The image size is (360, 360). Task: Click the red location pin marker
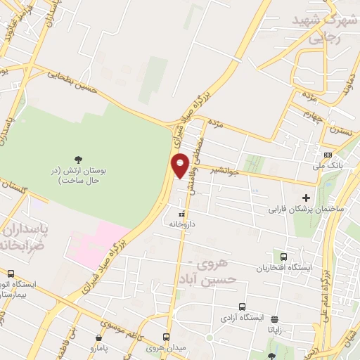pos(181,165)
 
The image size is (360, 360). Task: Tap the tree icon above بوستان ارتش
pos(78,160)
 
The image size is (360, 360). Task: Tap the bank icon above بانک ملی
pos(328,155)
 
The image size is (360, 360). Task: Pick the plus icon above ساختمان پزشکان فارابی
pos(306,198)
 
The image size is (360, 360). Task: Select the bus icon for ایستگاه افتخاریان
pos(283,257)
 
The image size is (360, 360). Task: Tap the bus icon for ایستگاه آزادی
pos(242,307)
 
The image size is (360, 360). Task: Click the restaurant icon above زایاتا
pos(274,318)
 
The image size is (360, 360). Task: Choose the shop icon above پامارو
pos(97,338)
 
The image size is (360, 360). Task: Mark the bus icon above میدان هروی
pos(167,337)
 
